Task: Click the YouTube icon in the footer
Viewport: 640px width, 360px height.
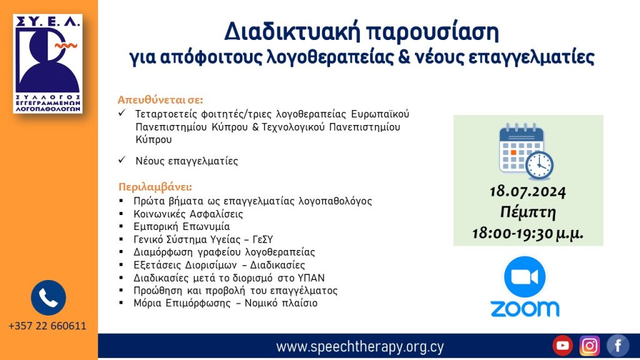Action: click(562, 346)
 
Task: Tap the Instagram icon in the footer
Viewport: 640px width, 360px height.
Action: click(589, 346)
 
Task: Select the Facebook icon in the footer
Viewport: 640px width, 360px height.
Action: click(617, 346)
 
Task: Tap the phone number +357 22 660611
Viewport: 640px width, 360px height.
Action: click(47, 326)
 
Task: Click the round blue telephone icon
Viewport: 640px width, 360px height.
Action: click(48, 297)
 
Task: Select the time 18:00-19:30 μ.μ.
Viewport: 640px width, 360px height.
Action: click(528, 233)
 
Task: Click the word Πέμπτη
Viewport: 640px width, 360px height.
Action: click(528, 212)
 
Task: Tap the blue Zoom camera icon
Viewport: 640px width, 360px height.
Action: click(524, 277)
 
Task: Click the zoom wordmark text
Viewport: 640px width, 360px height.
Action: click(524, 309)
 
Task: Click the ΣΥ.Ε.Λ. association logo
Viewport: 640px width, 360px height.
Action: click(47, 63)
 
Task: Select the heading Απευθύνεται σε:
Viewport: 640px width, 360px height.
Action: click(161, 100)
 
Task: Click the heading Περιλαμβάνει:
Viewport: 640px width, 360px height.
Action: click(155, 187)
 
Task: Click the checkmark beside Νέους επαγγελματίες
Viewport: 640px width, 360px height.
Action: click(122, 161)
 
